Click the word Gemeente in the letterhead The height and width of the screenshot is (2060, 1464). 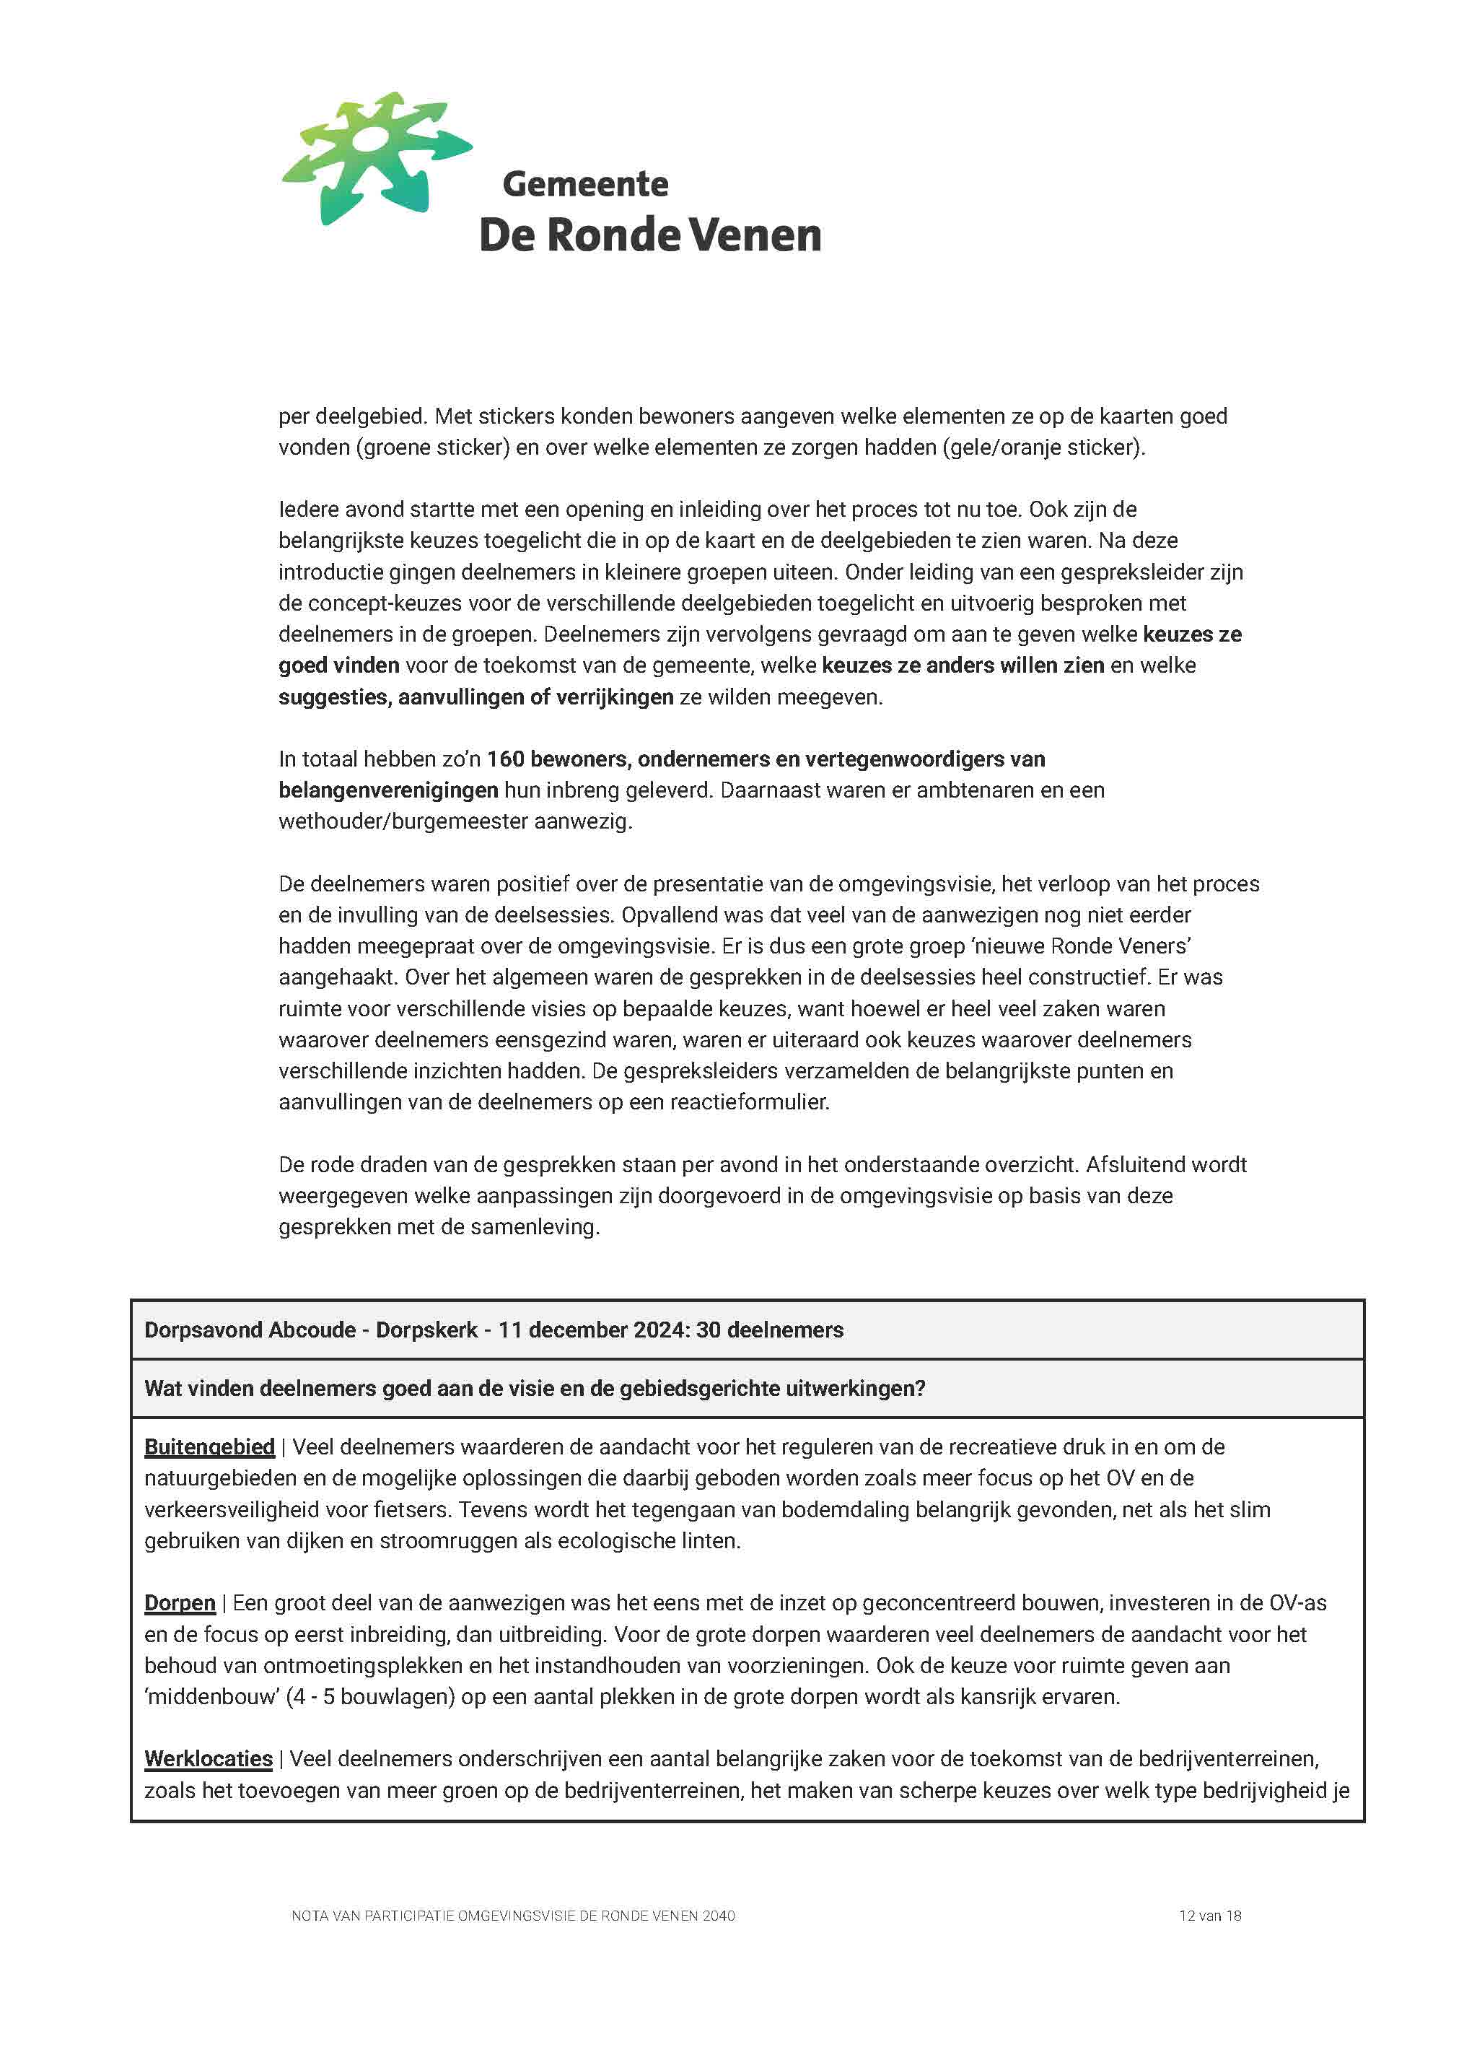[x=585, y=184]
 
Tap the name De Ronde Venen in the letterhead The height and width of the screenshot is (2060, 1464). [x=649, y=235]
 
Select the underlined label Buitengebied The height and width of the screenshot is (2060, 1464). [x=209, y=1447]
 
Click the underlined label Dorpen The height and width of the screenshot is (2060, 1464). [x=180, y=1603]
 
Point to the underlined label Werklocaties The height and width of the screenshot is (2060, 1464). [x=209, y=1759]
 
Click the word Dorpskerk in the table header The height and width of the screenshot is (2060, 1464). [x=426, y=1330]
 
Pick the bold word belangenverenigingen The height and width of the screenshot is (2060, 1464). [x=387, y=790]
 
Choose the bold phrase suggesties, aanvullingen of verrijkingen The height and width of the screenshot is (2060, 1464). [x=476, y=697]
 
